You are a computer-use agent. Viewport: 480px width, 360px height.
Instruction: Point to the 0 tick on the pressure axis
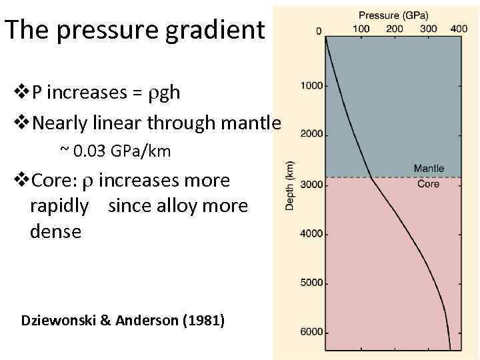(319, 30)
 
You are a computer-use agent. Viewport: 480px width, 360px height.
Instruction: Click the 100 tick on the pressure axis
(361, 29)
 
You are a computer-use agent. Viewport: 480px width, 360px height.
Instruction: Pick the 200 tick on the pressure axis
(394, 29)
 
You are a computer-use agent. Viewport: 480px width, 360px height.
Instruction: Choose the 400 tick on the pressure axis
(459, 29)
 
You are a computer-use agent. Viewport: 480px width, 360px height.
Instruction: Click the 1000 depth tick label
(311, 85)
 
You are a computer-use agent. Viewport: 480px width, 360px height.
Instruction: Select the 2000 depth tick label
(311, 134)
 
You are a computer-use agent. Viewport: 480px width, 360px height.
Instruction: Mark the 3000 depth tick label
(311, 185)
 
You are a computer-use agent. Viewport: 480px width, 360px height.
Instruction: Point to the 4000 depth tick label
(311, 234)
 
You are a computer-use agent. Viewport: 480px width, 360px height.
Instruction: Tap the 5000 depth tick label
(311, 283)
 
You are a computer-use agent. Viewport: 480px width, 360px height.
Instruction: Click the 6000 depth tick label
(311, 332)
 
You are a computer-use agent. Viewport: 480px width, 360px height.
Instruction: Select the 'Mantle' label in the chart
(428, 169)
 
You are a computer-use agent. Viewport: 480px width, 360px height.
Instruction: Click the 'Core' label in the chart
(428, 184)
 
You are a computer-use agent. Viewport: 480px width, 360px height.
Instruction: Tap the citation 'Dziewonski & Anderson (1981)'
(123, 321)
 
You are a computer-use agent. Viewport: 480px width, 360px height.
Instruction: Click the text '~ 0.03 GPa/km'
(115, 152)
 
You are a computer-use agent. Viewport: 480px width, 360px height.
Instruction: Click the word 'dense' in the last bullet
(55, 232)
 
